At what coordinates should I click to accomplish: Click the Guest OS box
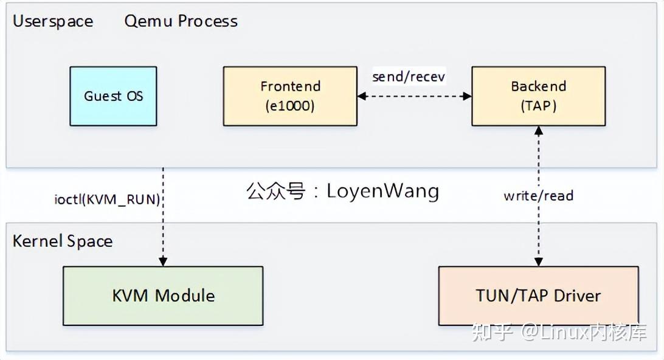(113, 96)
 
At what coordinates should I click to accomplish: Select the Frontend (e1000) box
(290, 96)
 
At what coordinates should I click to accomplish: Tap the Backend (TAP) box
(538, 96)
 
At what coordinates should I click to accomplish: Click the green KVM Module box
(163, 296)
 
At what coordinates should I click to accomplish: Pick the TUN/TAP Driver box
(538, 296)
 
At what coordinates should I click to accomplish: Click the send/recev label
(409, 77)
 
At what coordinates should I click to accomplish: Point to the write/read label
(538, 196)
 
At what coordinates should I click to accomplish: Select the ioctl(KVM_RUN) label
(107, 199)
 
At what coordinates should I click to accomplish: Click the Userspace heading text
(53, 21)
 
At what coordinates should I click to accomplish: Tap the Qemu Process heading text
(181, 21)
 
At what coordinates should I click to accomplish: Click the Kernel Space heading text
(63, 241)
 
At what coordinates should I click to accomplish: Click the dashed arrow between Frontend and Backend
(414, 96)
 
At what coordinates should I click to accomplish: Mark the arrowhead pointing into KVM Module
(163, 261)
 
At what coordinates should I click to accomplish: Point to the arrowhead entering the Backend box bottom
(538, 131)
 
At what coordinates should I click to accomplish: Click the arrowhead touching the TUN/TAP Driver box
(538, 261)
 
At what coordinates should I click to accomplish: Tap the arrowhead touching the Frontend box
(362, 96)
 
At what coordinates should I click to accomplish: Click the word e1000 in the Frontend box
(290, 106)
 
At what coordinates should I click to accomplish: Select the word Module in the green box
(185, 296)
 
